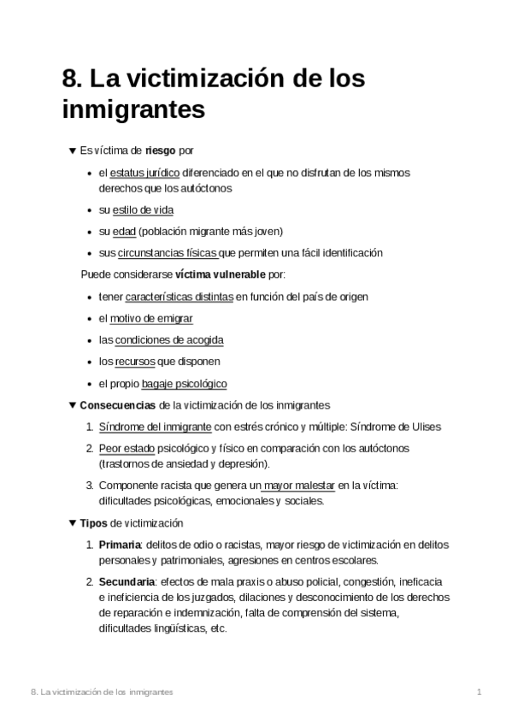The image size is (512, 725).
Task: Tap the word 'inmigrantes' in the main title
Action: [x=134, y=110]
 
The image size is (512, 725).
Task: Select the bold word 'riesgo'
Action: [x=161, y=150]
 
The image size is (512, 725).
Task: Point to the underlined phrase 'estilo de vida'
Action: [x=143, y=209]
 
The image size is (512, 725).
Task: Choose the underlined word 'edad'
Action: [x=124, y=231]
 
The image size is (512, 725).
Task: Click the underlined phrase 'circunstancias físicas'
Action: [x=168, y=252]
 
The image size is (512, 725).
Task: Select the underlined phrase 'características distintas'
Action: [x=179, y=298]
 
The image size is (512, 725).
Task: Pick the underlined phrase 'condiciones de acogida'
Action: [x=169, y=340]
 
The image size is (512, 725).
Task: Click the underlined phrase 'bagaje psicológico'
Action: [x=184, y=384]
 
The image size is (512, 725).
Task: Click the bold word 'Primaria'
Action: [x=120, y=545]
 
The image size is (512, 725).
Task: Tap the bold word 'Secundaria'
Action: [x=126, y=582]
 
